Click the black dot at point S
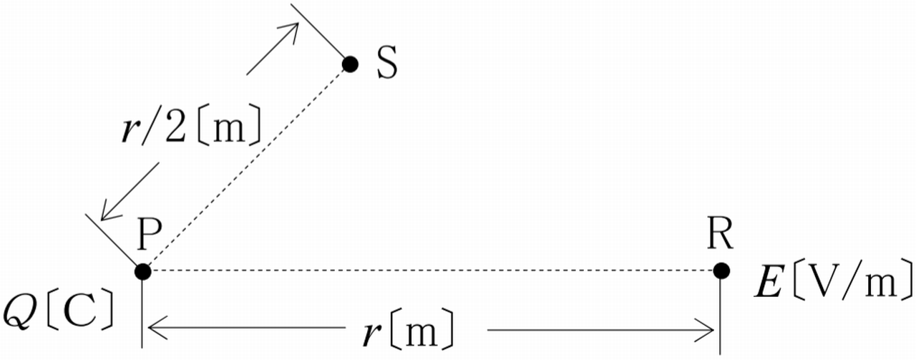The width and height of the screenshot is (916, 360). tap(350, 64)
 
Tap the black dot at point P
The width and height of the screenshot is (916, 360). tap(143, 271)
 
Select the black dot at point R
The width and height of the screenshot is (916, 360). tap(721, 271)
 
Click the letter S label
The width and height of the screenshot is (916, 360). tap(386, 64)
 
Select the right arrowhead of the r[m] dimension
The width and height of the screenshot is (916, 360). tap(709, 331)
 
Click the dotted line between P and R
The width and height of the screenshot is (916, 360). tap(429, 271)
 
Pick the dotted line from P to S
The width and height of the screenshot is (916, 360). tap(247, 167)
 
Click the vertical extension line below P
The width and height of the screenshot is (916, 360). tap(143, 315)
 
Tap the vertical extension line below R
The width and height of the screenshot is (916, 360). tap(720, 315)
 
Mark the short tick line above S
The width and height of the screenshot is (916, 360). tap(319, 33)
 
